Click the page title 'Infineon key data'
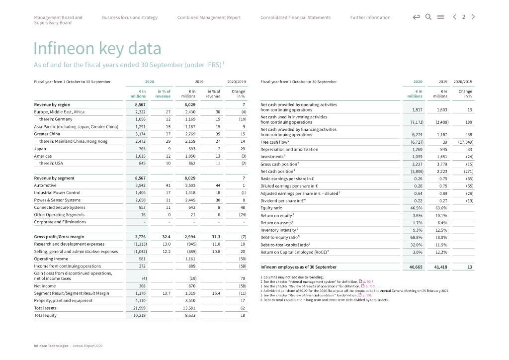tap(97, 49)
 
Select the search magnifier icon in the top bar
tap(428, 17)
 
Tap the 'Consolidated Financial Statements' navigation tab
tap(295, 17)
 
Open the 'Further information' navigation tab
tap(370, 17)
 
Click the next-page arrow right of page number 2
tap(473, 17)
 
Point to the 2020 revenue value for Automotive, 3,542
tap(140, 185)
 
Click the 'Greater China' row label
tap(47, 134)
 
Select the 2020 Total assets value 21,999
tap(139, 308)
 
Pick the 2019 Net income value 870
tap(188, 286)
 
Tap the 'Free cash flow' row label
tap(274, 142)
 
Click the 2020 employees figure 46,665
tap(415, 267)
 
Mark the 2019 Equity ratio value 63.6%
tap(440, 208)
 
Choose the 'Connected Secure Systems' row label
tap(60, 207)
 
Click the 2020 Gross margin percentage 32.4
tap(166, 237)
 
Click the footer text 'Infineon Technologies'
tap(51, 346)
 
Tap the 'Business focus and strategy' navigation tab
tap(130, 17)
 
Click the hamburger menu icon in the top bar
tap(439, 17)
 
